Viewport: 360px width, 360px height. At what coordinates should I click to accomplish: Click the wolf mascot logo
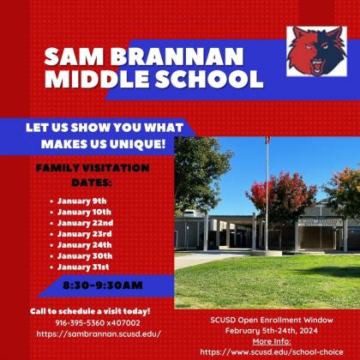coord(316,51)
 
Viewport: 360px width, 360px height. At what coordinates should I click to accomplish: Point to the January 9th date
coord(82,201)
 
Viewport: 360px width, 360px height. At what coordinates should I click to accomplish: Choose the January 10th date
coord(84,212)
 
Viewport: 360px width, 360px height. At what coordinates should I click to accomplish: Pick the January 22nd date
coord(86,223)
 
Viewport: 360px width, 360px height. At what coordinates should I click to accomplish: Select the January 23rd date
coord(85,234)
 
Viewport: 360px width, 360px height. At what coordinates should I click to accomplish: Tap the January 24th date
coord(85,245)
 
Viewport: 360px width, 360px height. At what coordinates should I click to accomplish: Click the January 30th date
coord(85,256)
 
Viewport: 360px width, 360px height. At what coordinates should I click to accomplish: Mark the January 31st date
coord(83,267)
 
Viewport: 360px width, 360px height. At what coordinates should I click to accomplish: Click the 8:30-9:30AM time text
coord(103,285)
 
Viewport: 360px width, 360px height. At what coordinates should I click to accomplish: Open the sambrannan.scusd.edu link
coord(99,333)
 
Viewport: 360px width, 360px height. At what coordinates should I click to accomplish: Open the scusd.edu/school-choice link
coord(272,351)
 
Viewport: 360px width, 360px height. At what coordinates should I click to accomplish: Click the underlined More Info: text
coord(272,341)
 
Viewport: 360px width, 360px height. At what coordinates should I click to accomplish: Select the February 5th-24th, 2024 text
coord(272,331)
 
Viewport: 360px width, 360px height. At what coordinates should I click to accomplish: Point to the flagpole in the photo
coord(267,195)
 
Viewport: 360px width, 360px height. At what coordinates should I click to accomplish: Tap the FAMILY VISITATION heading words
coord(93,168)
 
